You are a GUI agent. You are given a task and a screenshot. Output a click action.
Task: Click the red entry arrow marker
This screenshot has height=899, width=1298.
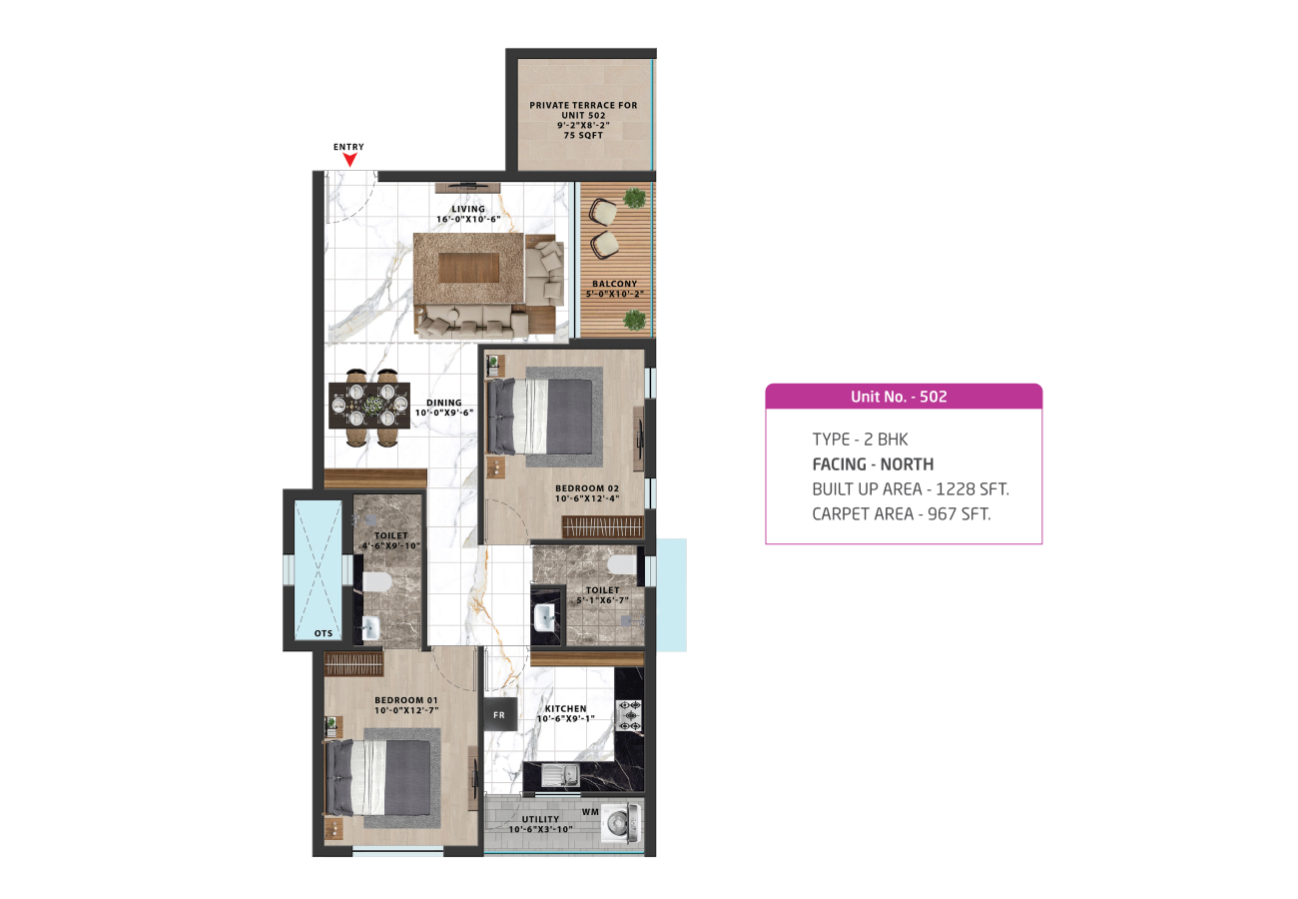click(349, 160)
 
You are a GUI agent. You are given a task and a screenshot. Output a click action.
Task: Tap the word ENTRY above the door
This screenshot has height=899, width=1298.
click(348, 147)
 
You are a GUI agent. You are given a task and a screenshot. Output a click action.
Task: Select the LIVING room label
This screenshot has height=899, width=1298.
click(468, 209)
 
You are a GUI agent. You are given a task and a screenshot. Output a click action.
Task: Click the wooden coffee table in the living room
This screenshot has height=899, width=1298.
click(469, 268)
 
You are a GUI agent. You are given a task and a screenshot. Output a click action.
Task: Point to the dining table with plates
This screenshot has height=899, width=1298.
click(369, 406)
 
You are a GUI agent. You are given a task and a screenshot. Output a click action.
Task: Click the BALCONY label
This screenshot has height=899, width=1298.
click(615, 284)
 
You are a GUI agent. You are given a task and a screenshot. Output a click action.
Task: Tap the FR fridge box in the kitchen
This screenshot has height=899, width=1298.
click(499, 715)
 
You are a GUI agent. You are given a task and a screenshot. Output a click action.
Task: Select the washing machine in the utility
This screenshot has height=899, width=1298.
click(621, 823)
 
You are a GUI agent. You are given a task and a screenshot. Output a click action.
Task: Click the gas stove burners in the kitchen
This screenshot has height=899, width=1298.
click(630, 716)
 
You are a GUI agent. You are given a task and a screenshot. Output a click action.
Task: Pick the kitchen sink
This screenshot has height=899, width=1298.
click(560, 775)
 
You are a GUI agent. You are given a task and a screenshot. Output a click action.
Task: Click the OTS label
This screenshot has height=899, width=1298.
click(324, 633)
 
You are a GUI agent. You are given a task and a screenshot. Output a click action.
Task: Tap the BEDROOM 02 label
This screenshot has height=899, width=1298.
click(587, 488)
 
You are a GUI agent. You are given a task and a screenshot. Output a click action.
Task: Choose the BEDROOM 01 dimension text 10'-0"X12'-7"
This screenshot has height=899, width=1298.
click(406, 710)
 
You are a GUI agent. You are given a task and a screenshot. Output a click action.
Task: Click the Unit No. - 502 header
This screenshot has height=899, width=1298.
click(899, 397)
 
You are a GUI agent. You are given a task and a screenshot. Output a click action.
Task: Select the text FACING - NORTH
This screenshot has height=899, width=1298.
click(873, 464)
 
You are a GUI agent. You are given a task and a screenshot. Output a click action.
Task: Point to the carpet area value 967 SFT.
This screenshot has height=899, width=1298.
click(959, 514)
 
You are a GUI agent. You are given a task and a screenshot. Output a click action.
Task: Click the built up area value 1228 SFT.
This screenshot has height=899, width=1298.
click(973, 489)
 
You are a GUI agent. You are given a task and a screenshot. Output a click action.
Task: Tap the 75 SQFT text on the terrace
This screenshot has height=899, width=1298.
click(583, 136)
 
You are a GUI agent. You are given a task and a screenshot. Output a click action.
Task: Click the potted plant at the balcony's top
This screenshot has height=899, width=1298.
click(635, 198)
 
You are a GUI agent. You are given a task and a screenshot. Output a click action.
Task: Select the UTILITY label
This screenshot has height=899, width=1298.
click(540, 820)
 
